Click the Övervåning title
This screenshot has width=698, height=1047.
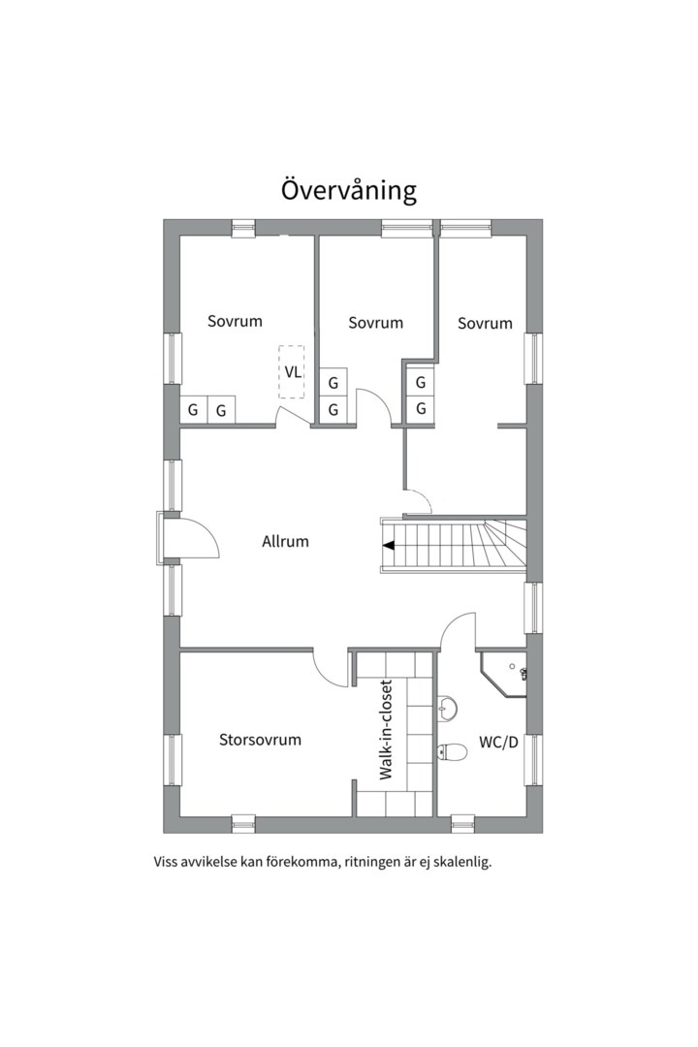point(349,189)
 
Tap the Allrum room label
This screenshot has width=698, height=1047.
point(285,541)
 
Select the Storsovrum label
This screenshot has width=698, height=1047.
point(260,740)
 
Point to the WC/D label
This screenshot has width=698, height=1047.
point(498,745)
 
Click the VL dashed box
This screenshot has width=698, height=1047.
point(292,371)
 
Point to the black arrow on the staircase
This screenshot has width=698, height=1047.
point(388,546)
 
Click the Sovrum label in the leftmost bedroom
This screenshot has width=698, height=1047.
point(235,321)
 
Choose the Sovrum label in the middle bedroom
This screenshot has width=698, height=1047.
point(375,323)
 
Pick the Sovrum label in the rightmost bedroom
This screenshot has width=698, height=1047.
point(485,323)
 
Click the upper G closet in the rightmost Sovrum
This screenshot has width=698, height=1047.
point(421,383)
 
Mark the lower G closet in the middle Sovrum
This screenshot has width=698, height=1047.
point(333,410)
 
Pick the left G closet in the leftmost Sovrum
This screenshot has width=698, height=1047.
point(193,410)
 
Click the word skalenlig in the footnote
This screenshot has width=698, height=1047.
point(460,860)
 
